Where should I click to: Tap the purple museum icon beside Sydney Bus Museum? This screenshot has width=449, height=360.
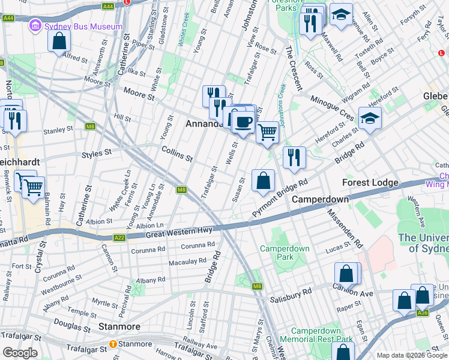pos(35,26)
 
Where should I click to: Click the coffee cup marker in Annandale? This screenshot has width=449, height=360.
pos(243,122)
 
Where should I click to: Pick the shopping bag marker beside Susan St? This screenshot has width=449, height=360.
pos(263,181)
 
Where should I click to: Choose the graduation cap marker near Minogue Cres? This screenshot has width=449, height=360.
pos(370,119)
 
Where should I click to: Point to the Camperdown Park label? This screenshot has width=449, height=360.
pos(285,253)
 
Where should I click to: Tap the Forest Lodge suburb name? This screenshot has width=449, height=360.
pos(370,182)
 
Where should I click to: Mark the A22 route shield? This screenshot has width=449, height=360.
pos(119,238)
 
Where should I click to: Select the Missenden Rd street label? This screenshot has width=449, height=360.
pos(346,229)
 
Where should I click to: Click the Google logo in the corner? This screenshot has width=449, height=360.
pos(19,353)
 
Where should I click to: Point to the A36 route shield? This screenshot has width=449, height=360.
pos(423,312)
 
